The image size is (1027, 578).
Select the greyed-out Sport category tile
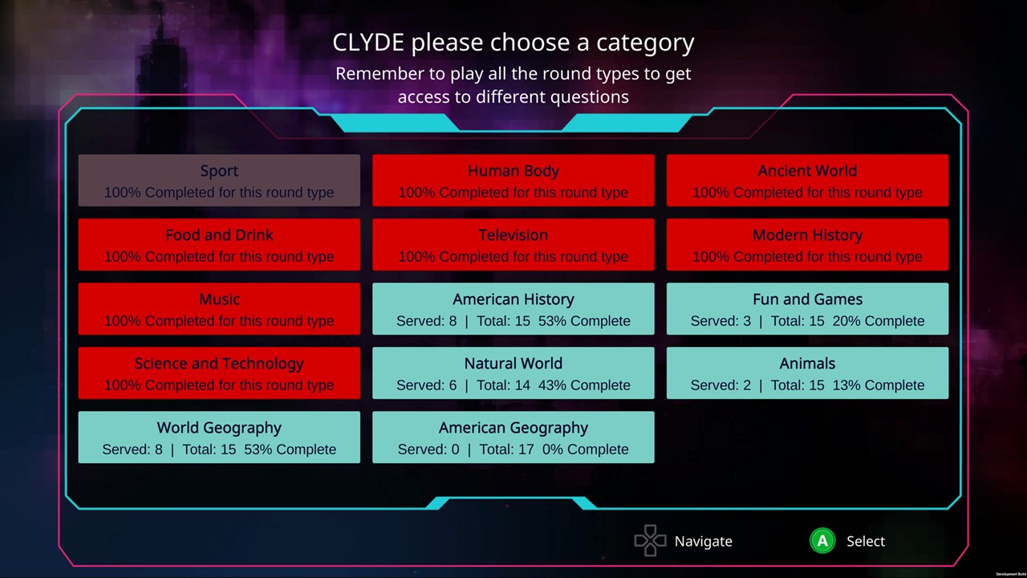pyautogui.click(x=219, y=181)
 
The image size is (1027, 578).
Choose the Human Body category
pyautogui.click(x=513, y=181)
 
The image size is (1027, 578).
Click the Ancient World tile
pyautogui.click(x=807, y=181)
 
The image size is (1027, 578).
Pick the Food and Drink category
pyautogui.click(x=219, y=245)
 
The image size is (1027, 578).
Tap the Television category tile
pyautogui.click(x=513, y=245)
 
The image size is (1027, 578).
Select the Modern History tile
pyautogui.click(x=807, y=245)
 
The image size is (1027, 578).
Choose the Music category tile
pyautogui.click(x=219, y=309)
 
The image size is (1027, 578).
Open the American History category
pyautogui.click(x=513, y=309)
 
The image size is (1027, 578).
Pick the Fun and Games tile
pyautogui.click(x=807, y=309)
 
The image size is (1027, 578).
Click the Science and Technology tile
pyautogui.click(x=219, y=373)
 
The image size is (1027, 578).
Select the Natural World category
pyautogui.click(x=513, y=373)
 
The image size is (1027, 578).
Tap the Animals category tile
pyautogui.click(x=807, y=373)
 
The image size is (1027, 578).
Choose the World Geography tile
pyautogui.click(x=219, y=438)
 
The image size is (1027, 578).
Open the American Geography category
pyautogui.click(x=513, y=438)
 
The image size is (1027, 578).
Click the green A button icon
pyautogui.click(x=822, y=541)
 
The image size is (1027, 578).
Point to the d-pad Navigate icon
pyautogui.click(x=650, y=540)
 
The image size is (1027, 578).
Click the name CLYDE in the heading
pyautogui.click(x=368, y=43)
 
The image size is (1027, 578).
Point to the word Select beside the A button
pyautogui.click(x=866, y=541)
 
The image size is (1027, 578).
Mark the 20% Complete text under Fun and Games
pyautogui.click(x=878, y=321)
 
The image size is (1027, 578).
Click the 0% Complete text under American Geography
pyautogui.click(x=585, y=450)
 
